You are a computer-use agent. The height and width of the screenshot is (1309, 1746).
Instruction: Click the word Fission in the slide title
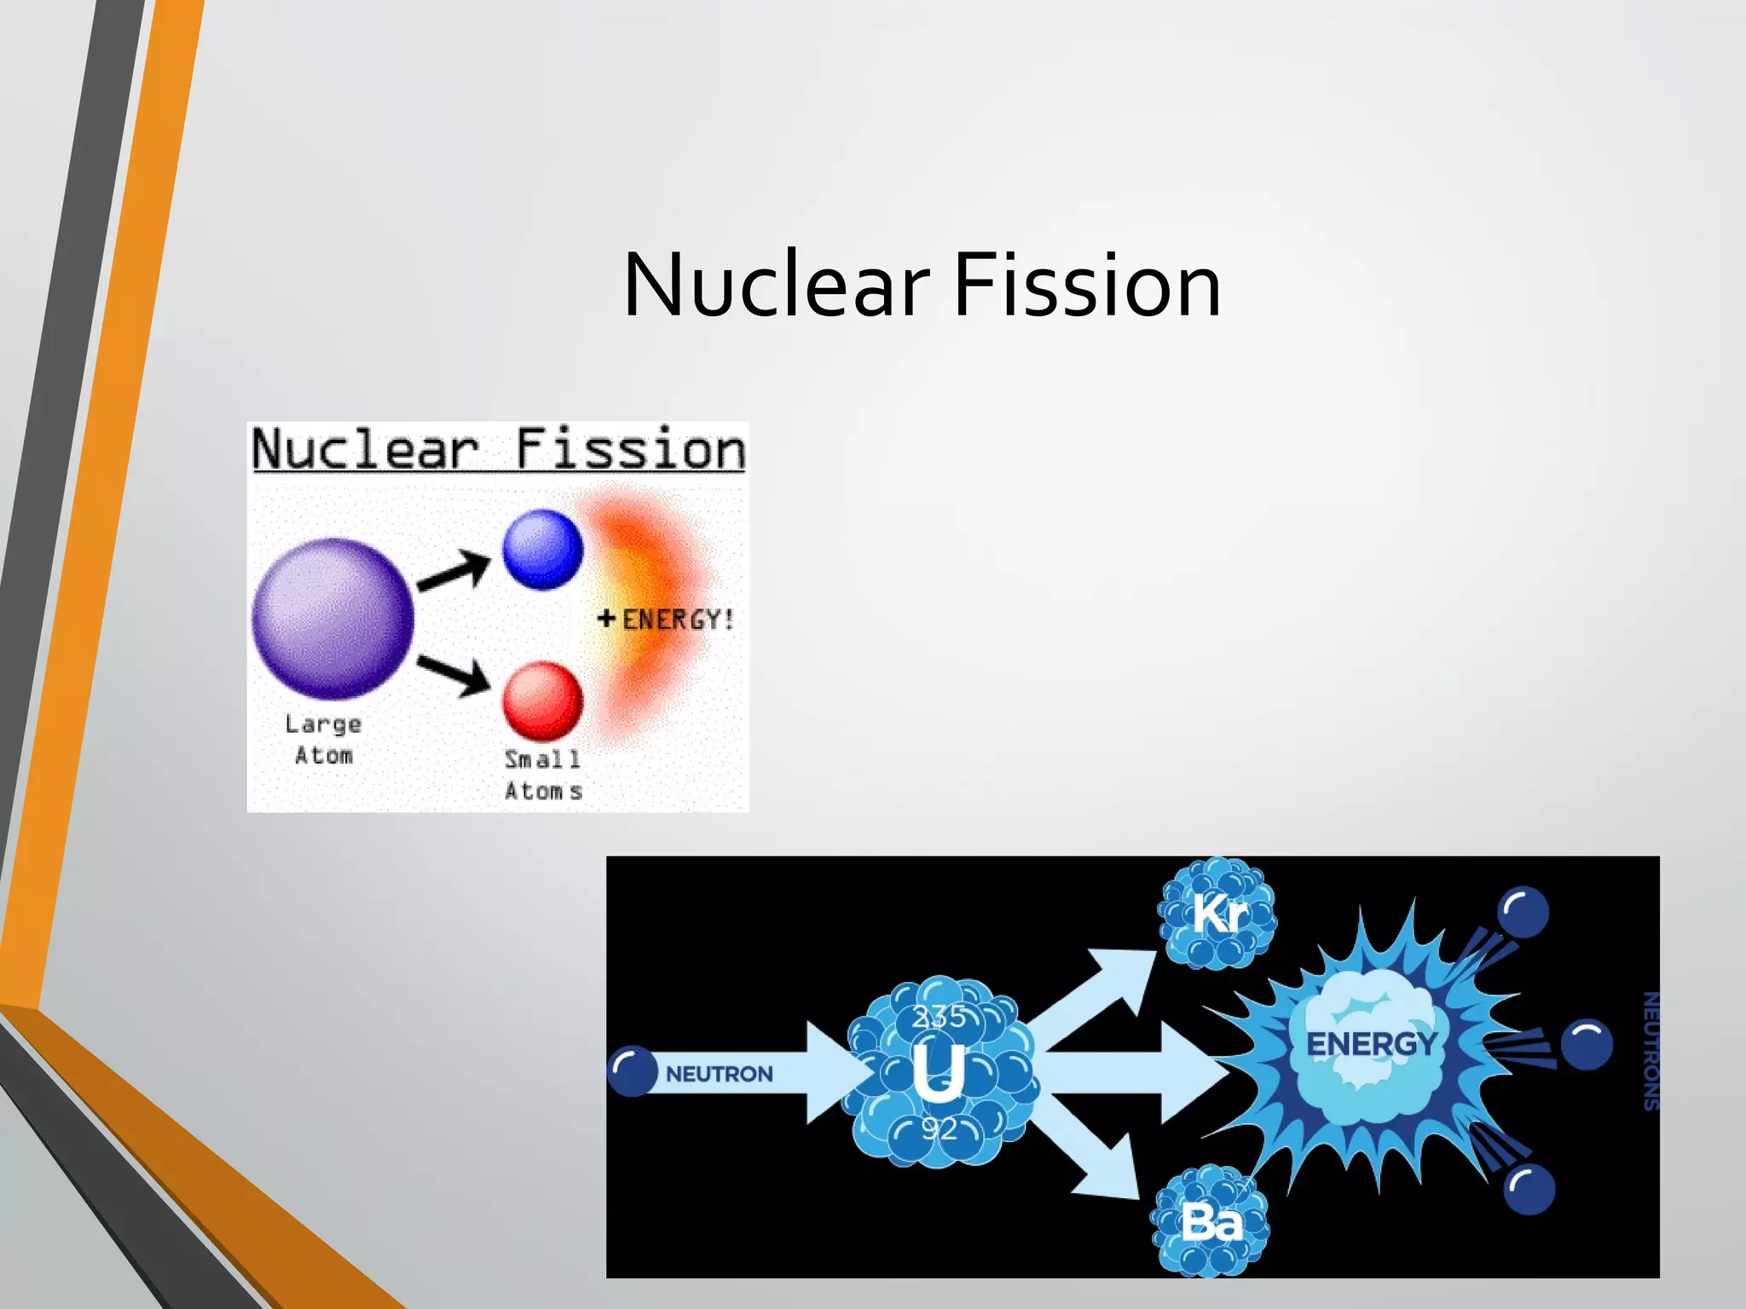[x=1087, y=285]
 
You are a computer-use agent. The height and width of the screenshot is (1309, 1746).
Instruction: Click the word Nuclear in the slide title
[x=776, y=285]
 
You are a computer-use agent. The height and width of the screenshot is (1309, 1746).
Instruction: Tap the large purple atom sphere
[x=333, y=618]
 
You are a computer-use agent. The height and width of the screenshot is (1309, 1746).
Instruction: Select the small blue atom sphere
[x=542, y=550]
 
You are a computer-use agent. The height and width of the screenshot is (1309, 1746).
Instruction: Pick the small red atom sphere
[x=542, y=701]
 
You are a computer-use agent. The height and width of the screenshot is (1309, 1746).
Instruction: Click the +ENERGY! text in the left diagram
[x=666, y=620]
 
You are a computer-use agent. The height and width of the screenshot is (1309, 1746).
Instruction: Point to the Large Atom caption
[x=323, y=740]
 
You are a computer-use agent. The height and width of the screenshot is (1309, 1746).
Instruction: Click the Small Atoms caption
[x=543, y=775]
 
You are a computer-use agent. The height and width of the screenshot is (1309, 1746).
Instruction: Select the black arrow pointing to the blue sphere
[x=454, y=571]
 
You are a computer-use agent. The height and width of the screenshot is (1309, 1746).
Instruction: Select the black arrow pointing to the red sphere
[x=454, y=675]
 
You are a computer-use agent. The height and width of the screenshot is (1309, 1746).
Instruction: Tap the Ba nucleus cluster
[x=1210, y=1222]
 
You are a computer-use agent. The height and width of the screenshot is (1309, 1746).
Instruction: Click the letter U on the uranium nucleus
[x=938, y=1072]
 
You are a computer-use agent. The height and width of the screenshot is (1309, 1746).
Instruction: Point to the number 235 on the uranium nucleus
[x=939, y=1017]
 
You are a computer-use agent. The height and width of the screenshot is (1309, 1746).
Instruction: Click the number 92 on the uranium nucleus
[x=939, y=1129]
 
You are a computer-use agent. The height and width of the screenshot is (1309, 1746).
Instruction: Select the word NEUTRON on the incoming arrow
[x=720, y=1074]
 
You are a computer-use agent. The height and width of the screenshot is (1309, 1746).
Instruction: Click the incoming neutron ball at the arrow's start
[x=633, y=1071]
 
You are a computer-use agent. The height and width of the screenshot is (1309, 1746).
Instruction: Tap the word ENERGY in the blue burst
[x=1371, y=1044]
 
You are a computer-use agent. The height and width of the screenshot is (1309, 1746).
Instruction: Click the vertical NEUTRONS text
[x=1651, y=1051]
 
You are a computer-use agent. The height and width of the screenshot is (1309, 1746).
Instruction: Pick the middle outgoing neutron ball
[x=1586, y=1044]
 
